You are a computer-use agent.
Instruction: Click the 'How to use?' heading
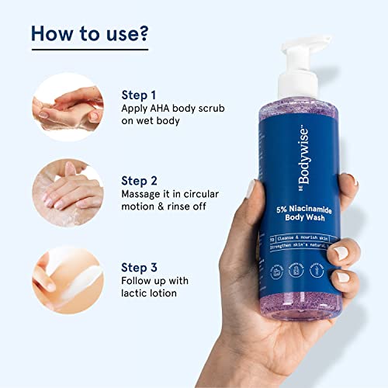click(90, 35)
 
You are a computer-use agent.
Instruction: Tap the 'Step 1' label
click(140, 95)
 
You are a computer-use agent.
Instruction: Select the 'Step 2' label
click(140, 178)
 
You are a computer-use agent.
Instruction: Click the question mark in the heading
click(144, 35)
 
